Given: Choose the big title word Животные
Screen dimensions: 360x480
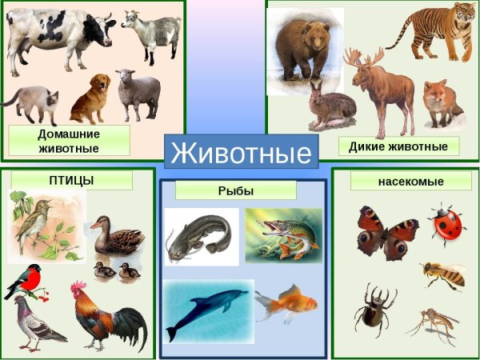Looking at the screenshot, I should tap(241, 152).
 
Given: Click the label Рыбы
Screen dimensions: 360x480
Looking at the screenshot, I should tap(235, 190).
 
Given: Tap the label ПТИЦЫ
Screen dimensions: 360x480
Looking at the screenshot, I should tap(71, 181).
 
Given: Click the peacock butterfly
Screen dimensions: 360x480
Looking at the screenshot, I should tap(386, 231).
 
